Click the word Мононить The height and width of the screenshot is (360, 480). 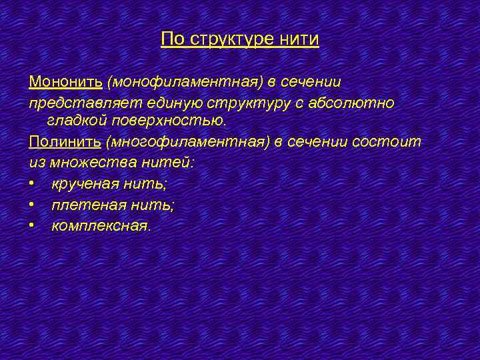pos(65,82)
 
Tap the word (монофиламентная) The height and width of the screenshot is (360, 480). pos(185,82)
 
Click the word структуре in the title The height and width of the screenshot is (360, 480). pos(230,39)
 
